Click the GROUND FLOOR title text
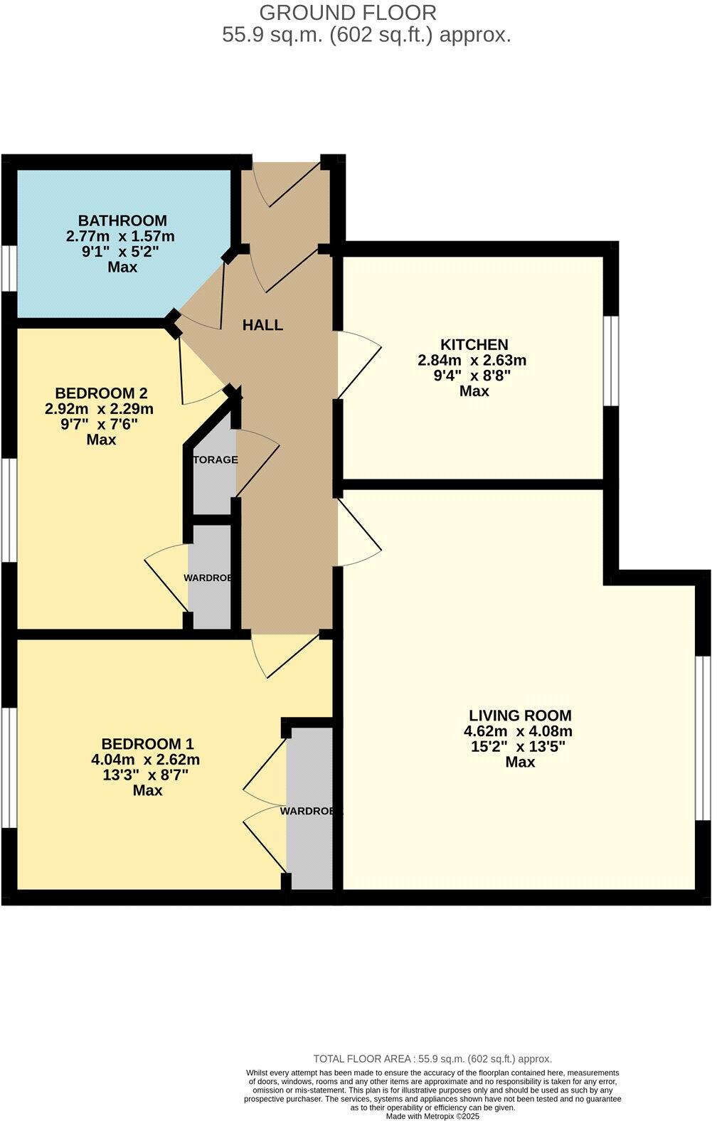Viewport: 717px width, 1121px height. [x=348, y=12]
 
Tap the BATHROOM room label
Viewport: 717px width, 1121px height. [x=122, y=221]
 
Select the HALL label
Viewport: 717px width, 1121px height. [x=262, y=325]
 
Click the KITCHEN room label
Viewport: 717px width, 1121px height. [x=474, y=344]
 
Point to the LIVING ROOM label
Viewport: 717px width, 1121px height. [x=520, y=716]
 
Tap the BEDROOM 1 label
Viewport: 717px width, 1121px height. [x=147, y=744]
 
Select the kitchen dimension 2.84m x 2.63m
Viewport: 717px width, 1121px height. [x=472, y=360]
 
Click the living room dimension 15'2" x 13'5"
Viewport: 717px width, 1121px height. [x=519, y=746]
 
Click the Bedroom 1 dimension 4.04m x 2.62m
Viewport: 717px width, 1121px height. [x=146, y=760]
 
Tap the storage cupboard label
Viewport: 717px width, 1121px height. [x=215, y=459]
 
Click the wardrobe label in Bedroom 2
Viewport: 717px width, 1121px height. [x=208, y=578]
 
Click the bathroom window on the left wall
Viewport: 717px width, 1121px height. [x=8, y=269]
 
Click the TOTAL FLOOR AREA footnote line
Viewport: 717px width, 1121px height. [x=432, y=1058]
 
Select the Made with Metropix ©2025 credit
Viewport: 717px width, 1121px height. [x=432, y=1117]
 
